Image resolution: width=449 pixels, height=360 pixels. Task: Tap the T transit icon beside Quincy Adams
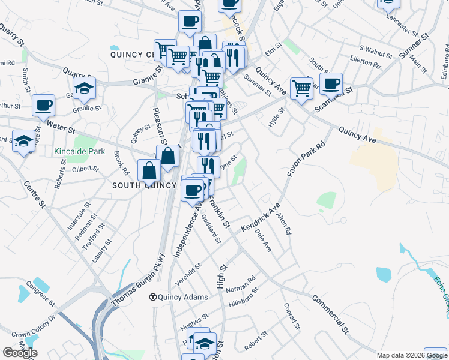(x=153, y=297)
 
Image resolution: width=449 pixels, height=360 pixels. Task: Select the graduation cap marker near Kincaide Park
(x=23, y=141)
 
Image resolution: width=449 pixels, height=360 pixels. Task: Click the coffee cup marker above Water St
(x=43, y=105)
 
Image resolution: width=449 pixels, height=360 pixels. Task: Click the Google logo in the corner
(x=20, y=353)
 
